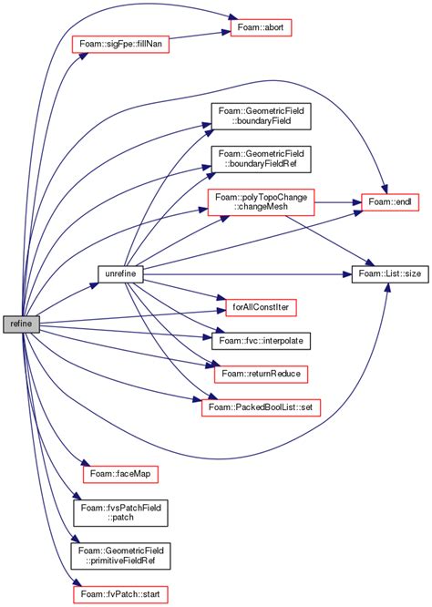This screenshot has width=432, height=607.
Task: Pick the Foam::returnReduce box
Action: click(256, 373)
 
